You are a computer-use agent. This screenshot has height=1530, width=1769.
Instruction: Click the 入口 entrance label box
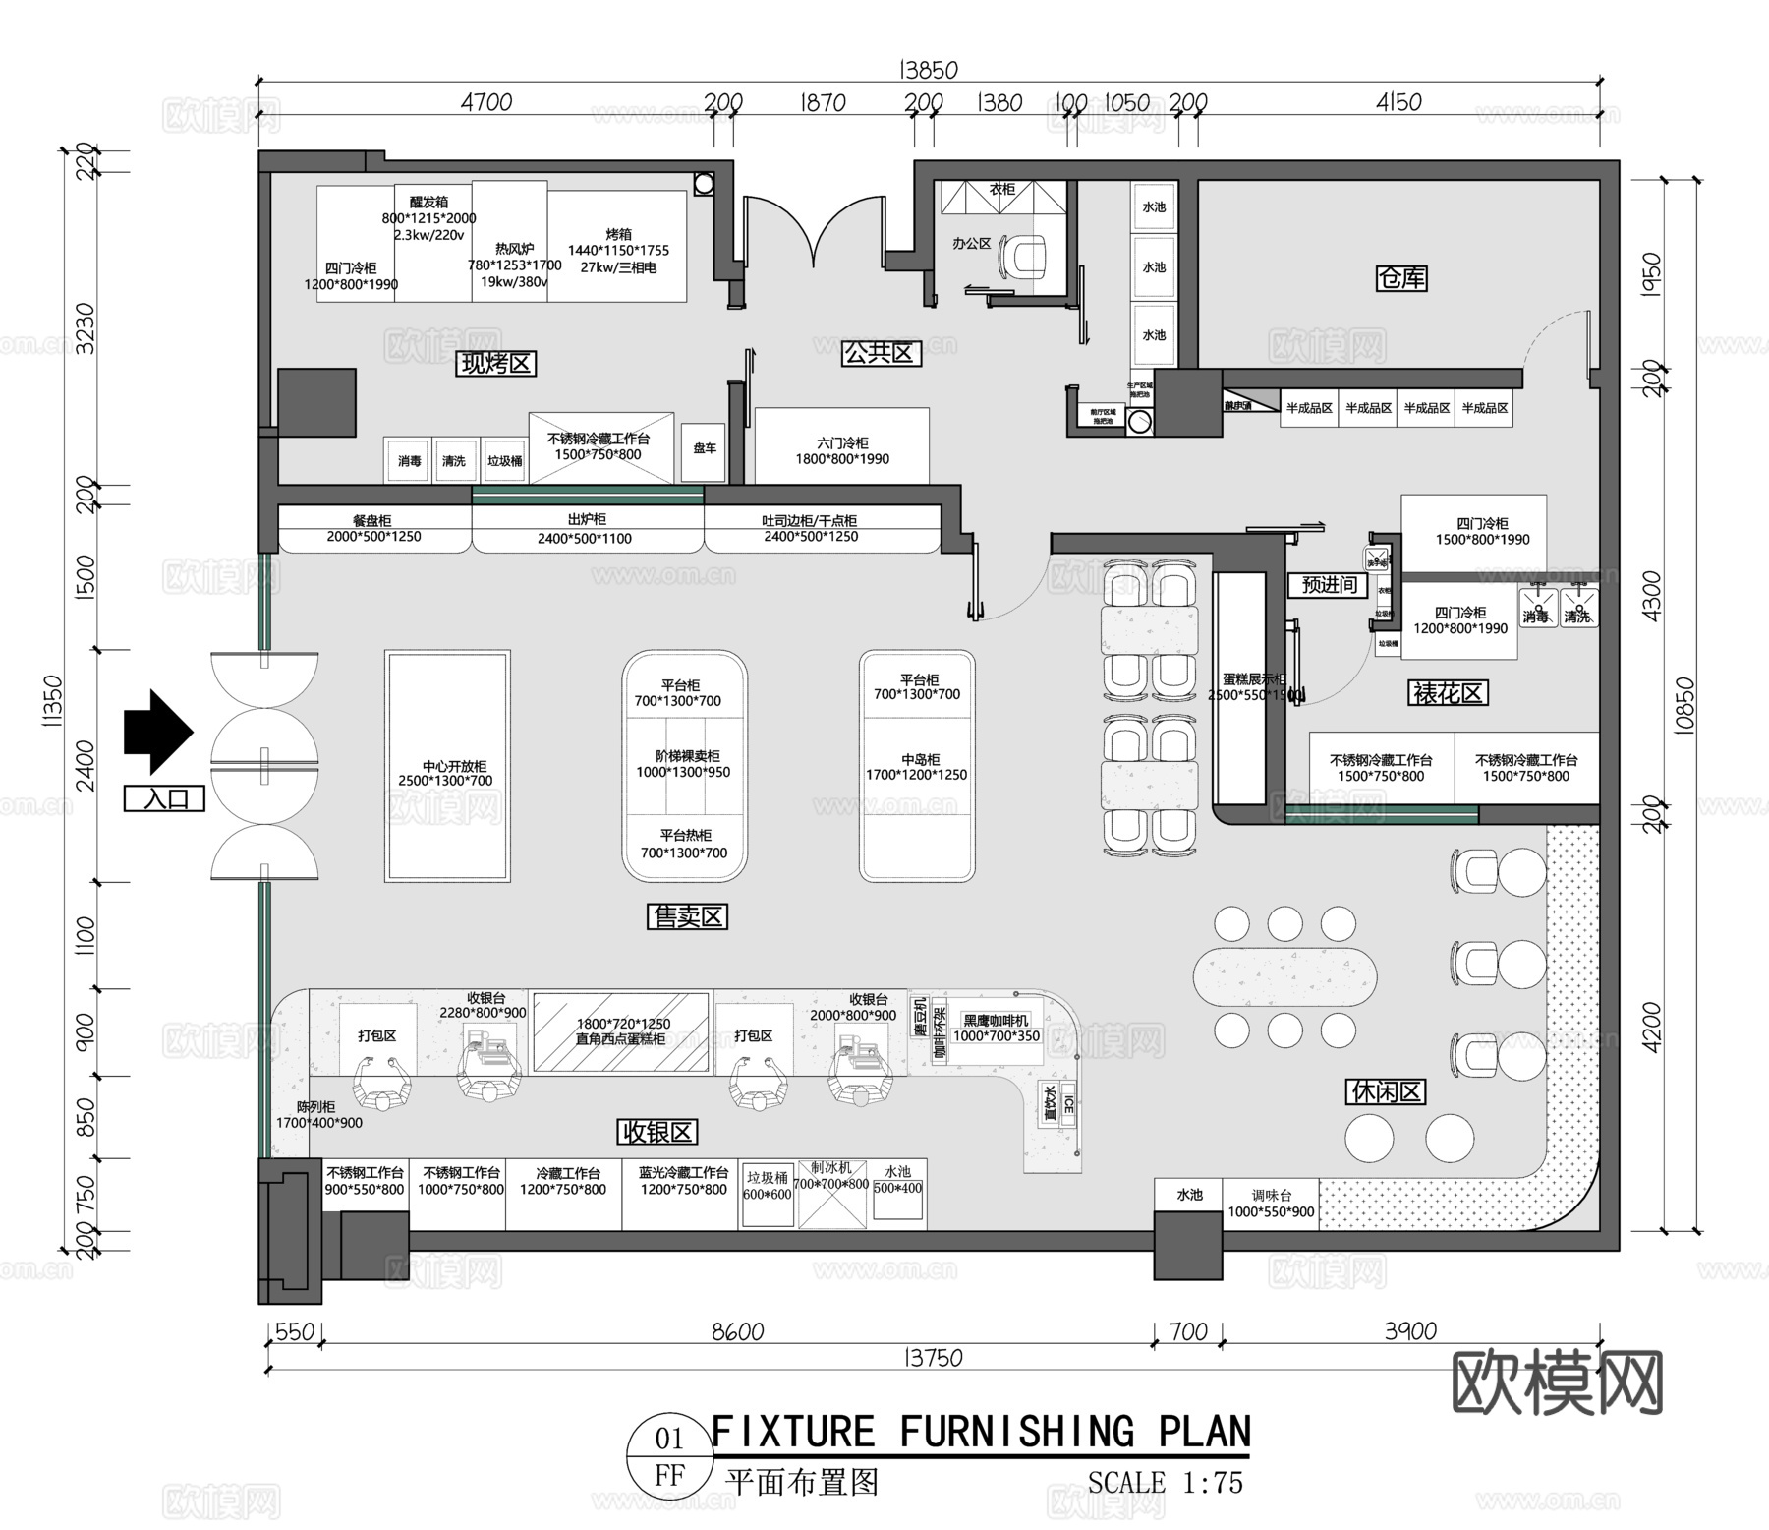164,798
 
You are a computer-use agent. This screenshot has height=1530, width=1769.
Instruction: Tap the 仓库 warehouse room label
1400,278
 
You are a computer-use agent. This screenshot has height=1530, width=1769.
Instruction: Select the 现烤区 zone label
497,364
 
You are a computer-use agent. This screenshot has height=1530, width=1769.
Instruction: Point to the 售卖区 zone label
687,917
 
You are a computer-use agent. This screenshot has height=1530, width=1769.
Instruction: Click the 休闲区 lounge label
1386,1091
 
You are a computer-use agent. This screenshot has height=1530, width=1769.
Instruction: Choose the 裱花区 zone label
1449,693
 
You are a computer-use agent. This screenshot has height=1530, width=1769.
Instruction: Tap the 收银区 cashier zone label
657,1132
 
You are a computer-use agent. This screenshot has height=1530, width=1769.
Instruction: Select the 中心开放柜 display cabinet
448,767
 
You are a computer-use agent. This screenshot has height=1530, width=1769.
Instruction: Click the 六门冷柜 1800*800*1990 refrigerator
841,447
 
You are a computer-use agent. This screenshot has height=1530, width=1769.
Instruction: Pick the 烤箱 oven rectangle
617,246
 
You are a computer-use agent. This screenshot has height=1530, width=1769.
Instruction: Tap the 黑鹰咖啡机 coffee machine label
997,1029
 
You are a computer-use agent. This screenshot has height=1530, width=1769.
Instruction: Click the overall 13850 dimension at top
928,70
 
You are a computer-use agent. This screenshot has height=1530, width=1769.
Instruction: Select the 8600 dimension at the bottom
737,1331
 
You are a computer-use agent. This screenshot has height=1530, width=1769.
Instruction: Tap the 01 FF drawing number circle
669,1456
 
